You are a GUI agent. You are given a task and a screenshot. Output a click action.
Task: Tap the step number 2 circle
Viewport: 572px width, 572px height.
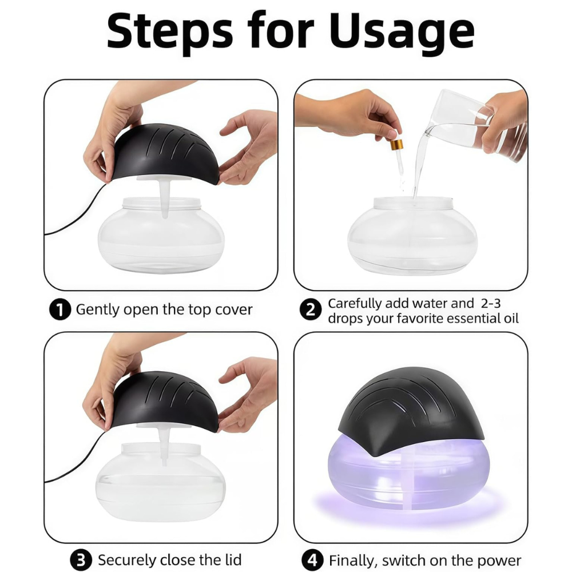coord(310,310)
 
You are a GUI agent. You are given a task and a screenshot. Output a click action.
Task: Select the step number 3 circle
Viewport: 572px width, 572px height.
coord(81,559)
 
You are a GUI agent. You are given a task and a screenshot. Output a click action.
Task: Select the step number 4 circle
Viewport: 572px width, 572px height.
coord(313,559)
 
